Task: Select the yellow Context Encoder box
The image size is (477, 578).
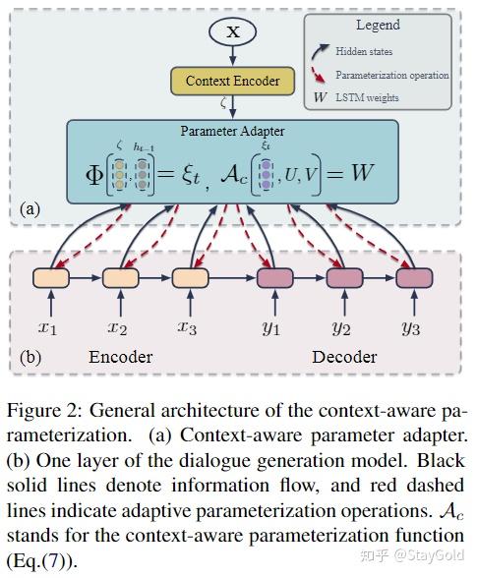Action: click(232, 81)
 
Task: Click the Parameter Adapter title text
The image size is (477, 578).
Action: click(232, 131)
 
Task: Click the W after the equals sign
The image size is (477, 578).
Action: click(362, 174)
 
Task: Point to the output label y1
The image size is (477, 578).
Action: click(271, 325)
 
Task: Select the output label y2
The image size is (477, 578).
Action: click(342, 325)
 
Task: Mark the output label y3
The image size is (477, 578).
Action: click(411, 325)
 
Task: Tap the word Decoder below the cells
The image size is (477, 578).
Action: click(345, 357)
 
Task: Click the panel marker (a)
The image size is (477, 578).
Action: click(32, 209)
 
